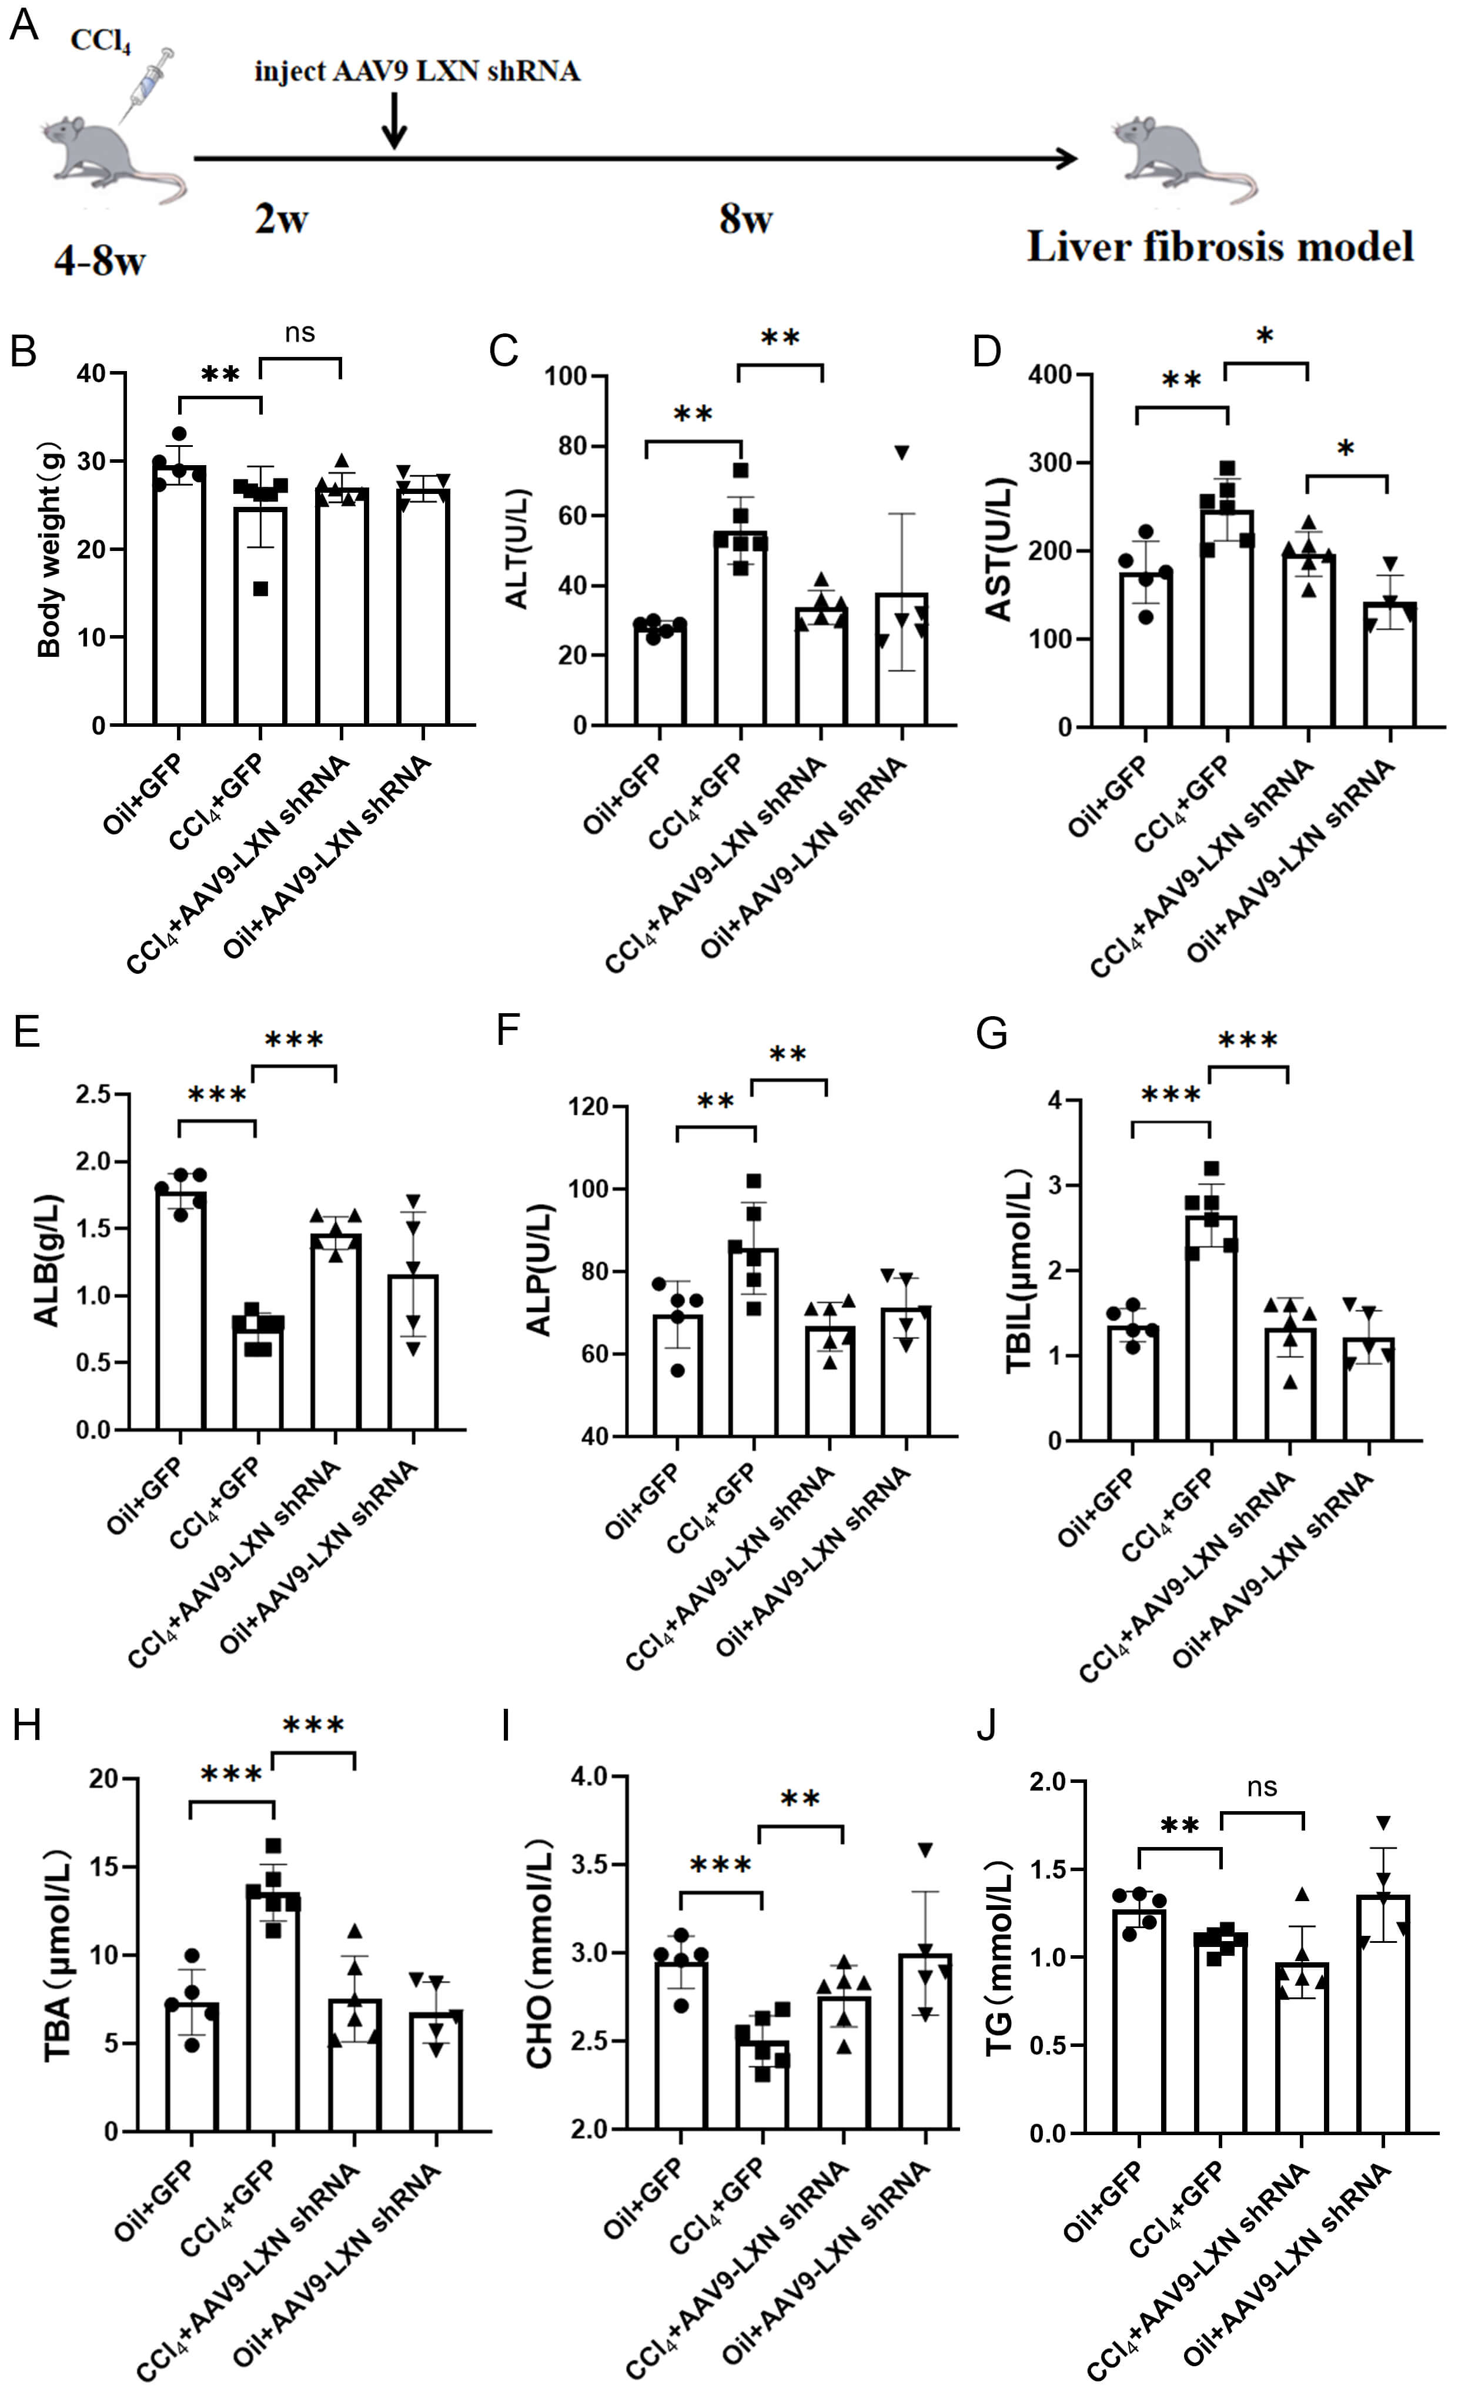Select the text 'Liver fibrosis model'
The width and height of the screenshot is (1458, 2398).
(x=1219, y=246)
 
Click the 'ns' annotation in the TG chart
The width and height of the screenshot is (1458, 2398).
(x=1262, y=1788)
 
